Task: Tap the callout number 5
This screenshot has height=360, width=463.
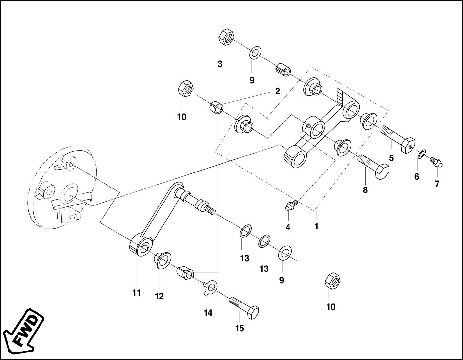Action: click(x=391, y=158)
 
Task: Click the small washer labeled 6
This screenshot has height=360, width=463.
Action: click(x=422, y=153)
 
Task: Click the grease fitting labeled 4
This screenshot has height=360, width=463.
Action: click(x=290, y=205)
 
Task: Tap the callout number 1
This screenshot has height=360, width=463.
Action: click(x=316, y=226)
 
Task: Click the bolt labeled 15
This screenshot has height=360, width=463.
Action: click(x=245, y=307)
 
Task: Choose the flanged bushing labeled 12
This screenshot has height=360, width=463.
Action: click(x=162, y=260)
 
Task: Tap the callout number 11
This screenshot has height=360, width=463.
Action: click(x=136, y=293)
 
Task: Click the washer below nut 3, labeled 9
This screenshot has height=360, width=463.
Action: click(x=255, y=52)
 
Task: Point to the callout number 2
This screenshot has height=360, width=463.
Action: click(x=277, y=91)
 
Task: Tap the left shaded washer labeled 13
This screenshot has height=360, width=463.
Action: click(x=246, y=231)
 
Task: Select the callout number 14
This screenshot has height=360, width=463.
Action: click(x=208, y=313)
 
